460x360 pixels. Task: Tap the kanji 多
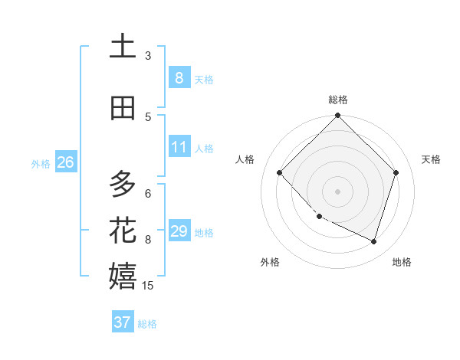click(123, 184)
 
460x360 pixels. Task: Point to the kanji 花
click(123, 230)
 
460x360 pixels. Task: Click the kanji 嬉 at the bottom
click(123, 276)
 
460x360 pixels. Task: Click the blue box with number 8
click(179, 78)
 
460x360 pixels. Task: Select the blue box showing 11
click(179, 147)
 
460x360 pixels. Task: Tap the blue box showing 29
click(179, 231)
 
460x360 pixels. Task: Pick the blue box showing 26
click(65, 162)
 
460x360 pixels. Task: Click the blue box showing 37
click(123, 322)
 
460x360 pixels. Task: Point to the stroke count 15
click(149, 286)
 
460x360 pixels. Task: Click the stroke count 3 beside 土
click(148, 55)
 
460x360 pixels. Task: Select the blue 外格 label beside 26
click(41, 164)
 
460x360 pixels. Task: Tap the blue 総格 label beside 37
click(147, 324)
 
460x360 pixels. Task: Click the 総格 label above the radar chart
click(338, 100)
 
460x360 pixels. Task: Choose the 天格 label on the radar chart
click(432, 159)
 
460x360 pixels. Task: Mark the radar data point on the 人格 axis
click(280, 173)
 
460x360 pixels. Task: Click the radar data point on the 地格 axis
click(374, 241)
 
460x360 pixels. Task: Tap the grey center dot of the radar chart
click(338, 191)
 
